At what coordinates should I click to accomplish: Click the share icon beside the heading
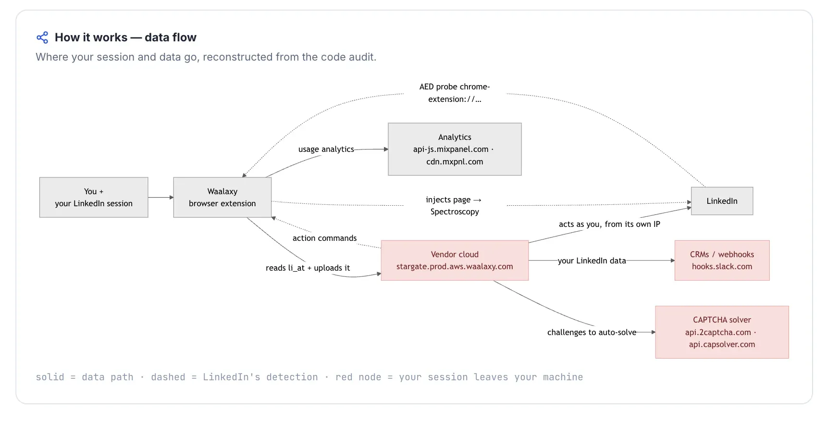click(42, 37)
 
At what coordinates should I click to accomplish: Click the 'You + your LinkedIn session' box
click(94, 198)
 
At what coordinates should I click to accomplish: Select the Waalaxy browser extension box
click(222, 198)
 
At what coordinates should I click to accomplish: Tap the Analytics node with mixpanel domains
click(455, 149)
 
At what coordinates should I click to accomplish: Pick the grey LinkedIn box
click(722, 201)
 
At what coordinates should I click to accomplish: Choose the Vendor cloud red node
click(455, 261)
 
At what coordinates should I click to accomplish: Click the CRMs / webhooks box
click(722, 261)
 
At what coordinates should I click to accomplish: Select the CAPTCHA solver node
click(722, 332)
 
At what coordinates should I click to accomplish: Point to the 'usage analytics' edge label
click(326, 149)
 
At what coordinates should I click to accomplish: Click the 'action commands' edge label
click(325, 238)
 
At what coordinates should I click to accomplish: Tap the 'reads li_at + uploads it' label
click(308, 268)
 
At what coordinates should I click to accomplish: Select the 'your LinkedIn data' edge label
click(592, 261)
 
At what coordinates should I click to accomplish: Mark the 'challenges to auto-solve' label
click(592, 332)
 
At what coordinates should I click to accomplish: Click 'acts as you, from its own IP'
click(609, 224)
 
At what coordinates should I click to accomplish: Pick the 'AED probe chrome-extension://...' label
click(455, 93)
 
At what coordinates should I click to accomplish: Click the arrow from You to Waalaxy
click(161, 198)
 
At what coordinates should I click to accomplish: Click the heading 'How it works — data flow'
click(125, 37)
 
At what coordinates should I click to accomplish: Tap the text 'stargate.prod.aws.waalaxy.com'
click(455, 266)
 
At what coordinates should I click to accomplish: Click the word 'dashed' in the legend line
click(168, 377)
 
